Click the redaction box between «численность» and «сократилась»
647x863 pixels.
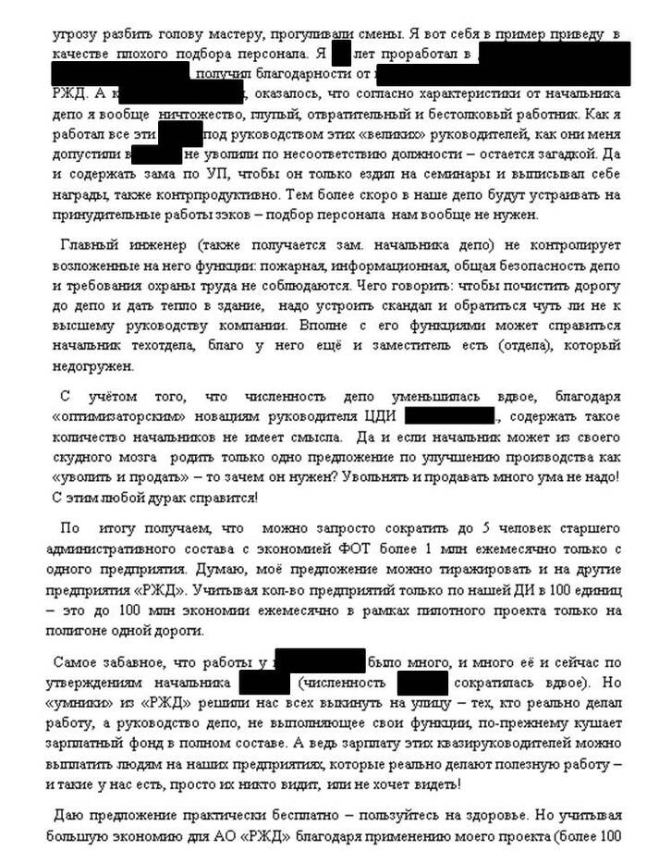423,683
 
